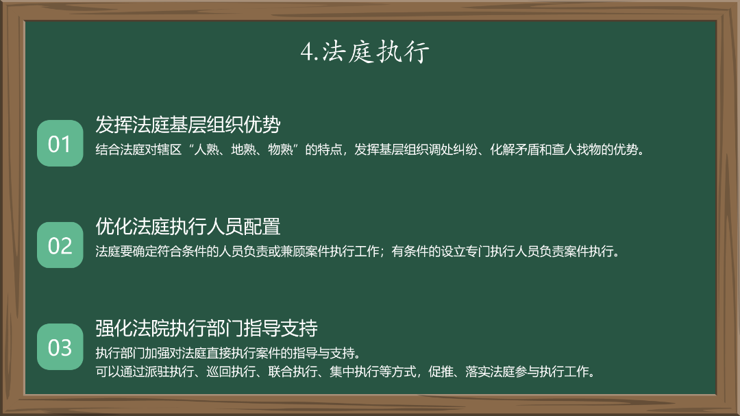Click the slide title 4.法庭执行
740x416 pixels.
click(365, 52)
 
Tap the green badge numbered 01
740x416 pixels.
click(60, 144)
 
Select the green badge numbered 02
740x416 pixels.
click(60, 245)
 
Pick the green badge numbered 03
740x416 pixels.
click(60, 347)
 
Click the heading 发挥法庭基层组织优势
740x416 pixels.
click(188, 125)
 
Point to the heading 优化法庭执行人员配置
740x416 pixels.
click(188, 226)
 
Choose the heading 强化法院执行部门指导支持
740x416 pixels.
click(206, 328)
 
